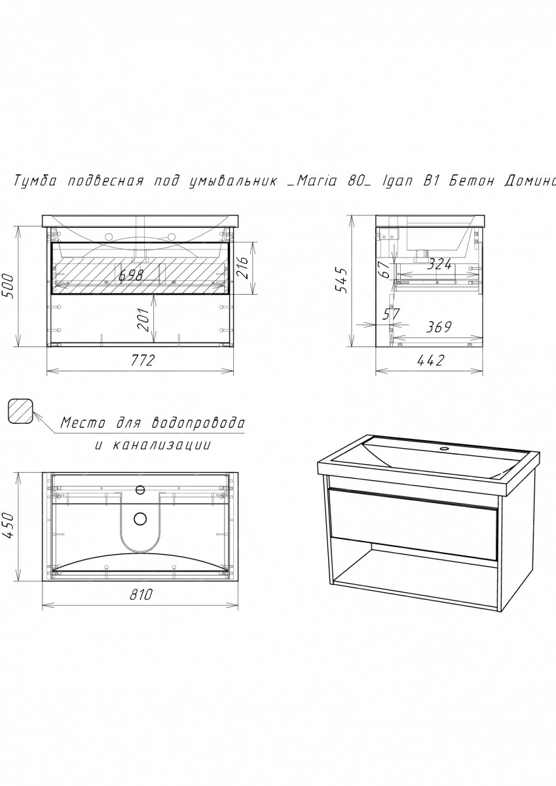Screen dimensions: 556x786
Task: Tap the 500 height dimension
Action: (x=9, y=286)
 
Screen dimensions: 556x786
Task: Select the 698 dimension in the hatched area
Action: (x=131, y=274)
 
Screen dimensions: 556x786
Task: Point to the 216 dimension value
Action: (x=242, y=267)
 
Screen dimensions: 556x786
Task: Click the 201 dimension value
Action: (x=143, y=320)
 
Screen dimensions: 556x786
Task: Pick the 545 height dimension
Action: (x=341, y=280)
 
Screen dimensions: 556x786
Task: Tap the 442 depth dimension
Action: (x=430, y=360)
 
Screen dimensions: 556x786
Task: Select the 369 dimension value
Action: (x=439, y=327)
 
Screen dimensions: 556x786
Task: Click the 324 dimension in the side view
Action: (x=439, y=265)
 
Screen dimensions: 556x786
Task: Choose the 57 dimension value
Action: (x=391, y=314)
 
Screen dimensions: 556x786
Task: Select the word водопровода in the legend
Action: (x=198, y=423)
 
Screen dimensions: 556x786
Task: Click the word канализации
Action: (x=162, y=445)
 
